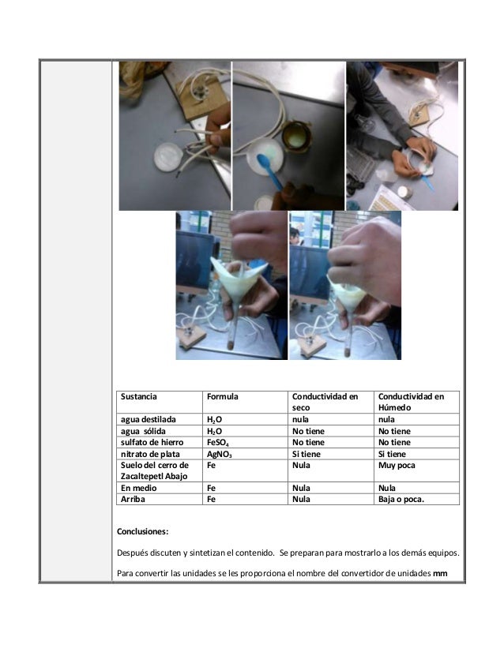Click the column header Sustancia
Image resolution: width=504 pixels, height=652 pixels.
pos(139,395)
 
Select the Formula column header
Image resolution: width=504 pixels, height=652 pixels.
pos(223,395)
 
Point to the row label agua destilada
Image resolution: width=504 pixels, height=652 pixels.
pos(149,420)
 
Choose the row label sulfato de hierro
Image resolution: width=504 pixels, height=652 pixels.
pos(152,443)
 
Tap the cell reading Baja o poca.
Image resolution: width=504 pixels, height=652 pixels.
pos(401,499)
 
